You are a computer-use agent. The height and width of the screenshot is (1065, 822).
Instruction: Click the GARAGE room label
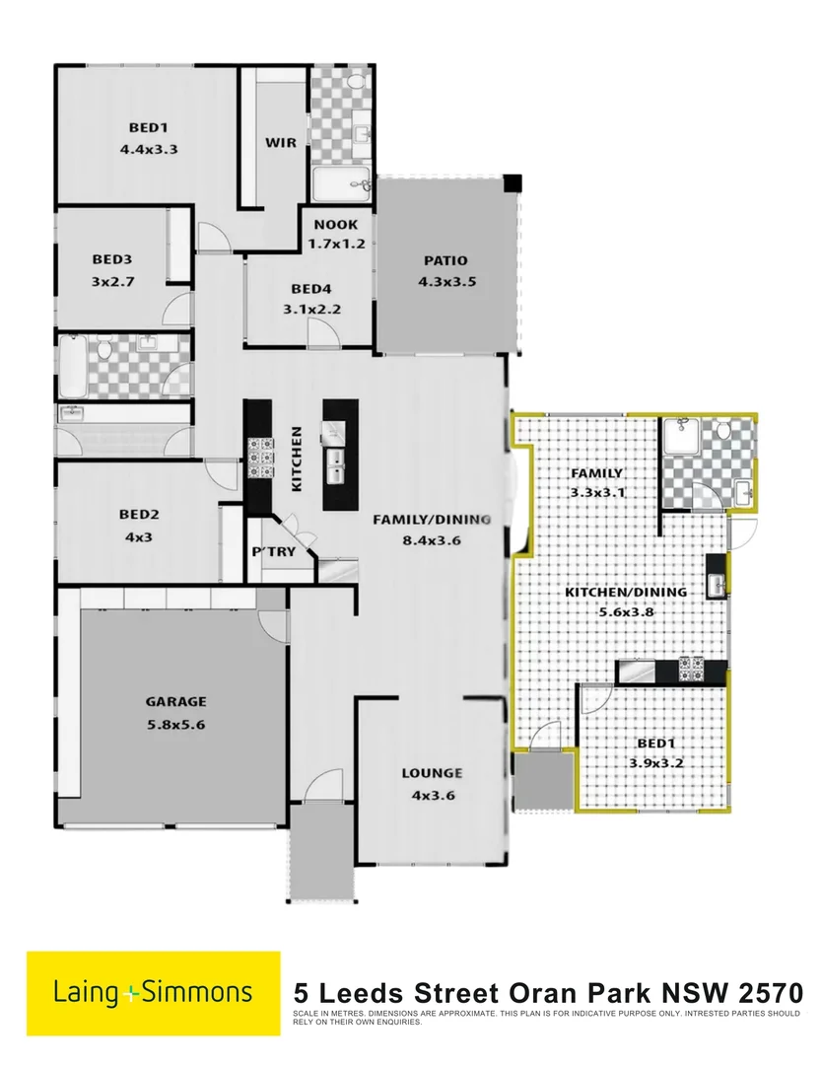click(x=177, y=702)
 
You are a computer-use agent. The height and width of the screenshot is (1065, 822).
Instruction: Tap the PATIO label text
click(x=445, y=261)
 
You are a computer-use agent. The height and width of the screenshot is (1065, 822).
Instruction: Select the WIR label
click(x=281, y=142)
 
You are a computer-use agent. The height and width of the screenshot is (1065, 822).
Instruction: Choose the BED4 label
click(x=310, y=289)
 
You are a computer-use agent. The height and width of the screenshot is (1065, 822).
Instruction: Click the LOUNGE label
click(x=432, y=773)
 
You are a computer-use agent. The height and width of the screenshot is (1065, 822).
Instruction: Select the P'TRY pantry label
click(x=274, y=551)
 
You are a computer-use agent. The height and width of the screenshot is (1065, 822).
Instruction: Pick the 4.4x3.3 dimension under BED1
click(x=155, y=150)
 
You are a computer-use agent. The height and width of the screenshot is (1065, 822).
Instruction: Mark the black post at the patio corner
click(x=512, y=183)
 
